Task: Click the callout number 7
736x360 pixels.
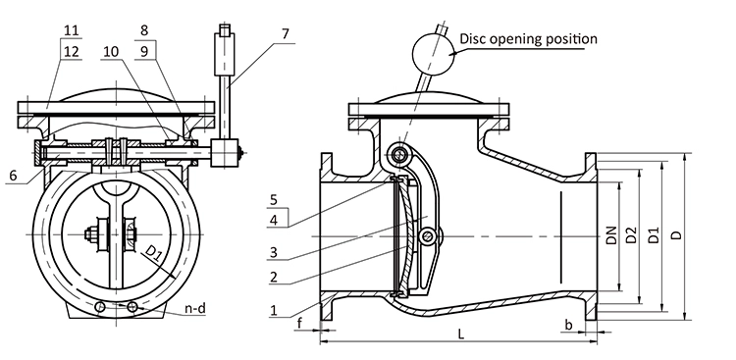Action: point(286,34)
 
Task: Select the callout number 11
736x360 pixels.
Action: point(71,31)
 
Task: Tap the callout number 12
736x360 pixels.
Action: point(71,51)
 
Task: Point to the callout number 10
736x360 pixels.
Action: point(111,51)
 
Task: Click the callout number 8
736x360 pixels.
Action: point(144,31)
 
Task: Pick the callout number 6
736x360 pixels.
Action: point(13,175)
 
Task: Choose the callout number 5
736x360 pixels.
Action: point(274,199)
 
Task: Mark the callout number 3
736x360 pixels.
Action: point(273,253)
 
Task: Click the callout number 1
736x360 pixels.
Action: point(274,310)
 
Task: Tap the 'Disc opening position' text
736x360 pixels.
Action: point(528,38)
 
